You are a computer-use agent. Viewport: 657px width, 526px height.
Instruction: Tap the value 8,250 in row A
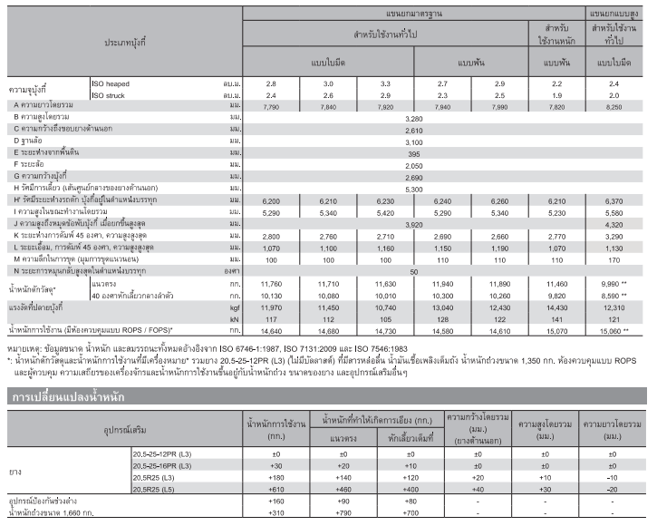tap(615, 106)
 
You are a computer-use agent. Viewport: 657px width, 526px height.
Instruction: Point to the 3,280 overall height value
tap(414, 118)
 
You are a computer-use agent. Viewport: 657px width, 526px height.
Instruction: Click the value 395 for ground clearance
tap(414, 153)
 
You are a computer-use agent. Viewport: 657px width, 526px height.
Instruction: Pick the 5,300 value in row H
tap(414, 189)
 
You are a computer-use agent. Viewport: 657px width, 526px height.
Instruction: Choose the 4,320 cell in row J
tap(615, 223)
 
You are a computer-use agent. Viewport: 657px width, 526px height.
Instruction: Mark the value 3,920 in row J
tap(414, 223)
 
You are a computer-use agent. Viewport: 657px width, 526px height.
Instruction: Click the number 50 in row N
tap(414, 270)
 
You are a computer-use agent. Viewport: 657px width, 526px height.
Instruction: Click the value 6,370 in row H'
tap(615, 200)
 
